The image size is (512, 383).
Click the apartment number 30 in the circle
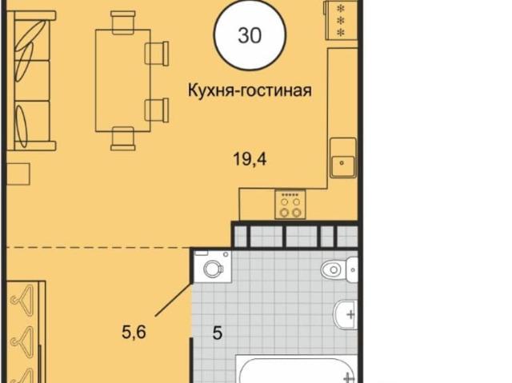tap(250, 35)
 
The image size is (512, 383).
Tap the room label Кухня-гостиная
tap(250, 90)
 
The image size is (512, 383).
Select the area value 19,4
tap(250, 160)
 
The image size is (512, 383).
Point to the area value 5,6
tap(134, 333)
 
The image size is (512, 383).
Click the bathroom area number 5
tap(218, 333)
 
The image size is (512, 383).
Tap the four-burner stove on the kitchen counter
tap(290, 205)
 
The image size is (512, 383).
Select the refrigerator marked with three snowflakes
tap(342, 20)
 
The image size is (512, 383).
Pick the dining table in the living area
tap(122, 81)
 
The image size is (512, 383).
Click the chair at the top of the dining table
tap(122, 22)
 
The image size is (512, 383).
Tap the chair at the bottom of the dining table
tap(122, 138)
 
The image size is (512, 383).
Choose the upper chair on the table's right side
tap(157, 54)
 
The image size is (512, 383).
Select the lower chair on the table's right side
tap(157, 110)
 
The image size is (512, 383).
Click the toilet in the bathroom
tap(339, 269)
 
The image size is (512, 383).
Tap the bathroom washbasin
tap(346, 315)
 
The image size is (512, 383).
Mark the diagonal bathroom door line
tap(173, 300)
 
